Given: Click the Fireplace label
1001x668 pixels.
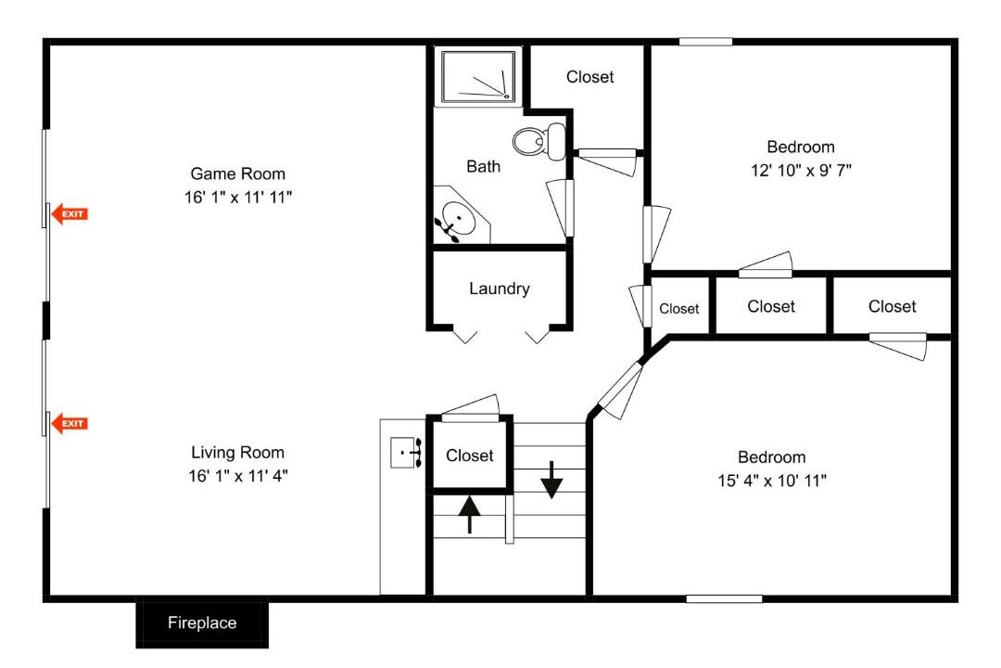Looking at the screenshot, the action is pyautogui.click(x=202, y=623).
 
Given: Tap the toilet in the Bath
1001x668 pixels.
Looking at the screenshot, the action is pyautogui.click(x=539, y=141).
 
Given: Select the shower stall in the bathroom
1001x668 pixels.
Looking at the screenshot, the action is pyautogui.click(x=479, y=77).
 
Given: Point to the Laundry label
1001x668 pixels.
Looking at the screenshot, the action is pyautogui.click(x=500, y=289).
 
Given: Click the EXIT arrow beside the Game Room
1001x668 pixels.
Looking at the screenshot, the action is pyautogui.click(x=69, y=213).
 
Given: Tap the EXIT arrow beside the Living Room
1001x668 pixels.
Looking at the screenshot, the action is pyautogui.click(x=69, y=423).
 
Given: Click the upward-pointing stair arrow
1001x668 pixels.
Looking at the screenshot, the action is pyautogui.click(x=469, y=515).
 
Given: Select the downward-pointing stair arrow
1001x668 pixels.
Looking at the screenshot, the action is pyautogui.click(x=551, y=480).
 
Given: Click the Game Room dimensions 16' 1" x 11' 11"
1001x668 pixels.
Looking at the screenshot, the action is pyautogui.click(x=238, y=197).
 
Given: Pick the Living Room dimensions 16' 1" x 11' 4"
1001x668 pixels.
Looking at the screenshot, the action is pyautogui.click(x=238, y=476).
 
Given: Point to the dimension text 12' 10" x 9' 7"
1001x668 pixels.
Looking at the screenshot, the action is pyautogui.click(x=801, y=170).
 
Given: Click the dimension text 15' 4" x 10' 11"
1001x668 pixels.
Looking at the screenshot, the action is pyautogui.click(x=772, y=480).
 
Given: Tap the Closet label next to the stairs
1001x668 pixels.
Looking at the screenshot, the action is pyautogui.click(x=469, y=456).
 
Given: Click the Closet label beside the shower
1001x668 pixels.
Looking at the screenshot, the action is pyautogui.click(x=589, y=77).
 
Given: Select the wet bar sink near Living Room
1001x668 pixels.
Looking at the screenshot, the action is pyautogui.click(x=406, y=453).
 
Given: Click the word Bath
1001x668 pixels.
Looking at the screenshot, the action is pyautogui.click(x=483, y=166).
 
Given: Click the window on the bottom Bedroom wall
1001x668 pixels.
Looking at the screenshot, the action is pyautogui.click(x=724, y=599).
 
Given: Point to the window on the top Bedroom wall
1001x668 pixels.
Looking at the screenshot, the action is pyautogui.click(x=705, y=42).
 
